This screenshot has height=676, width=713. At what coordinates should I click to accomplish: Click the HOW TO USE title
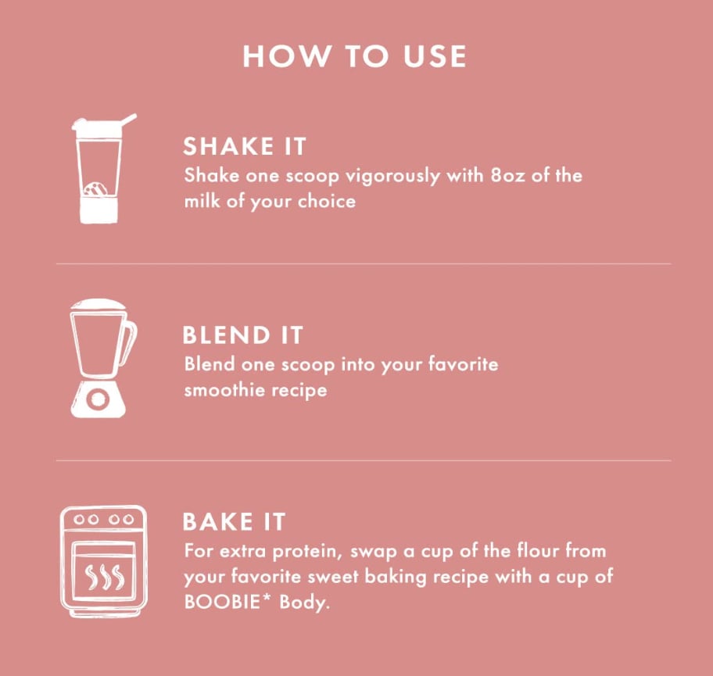point(355,56)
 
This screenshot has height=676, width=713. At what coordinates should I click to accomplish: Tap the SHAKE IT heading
point(244,146)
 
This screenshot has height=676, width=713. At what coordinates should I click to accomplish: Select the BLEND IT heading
point(242,335)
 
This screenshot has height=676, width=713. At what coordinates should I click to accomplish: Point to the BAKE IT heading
point(234,521)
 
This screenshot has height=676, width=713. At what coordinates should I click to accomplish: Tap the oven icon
point(104,561)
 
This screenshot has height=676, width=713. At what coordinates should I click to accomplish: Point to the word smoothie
point(224,390)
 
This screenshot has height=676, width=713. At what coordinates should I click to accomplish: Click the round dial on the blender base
point(98,399)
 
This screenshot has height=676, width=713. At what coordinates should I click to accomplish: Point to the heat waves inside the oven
point(104,577)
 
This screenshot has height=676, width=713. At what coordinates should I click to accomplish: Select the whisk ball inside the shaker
point(95,190)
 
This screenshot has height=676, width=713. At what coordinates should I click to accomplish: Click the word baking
point(396,578)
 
